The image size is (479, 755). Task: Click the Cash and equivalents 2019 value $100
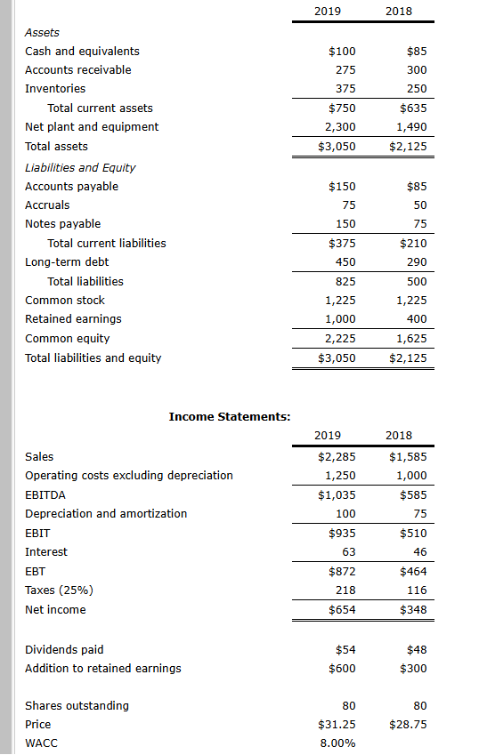coord(342,52)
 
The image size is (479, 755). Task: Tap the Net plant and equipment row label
coord(92,127)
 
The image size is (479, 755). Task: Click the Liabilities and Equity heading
coord(80,167)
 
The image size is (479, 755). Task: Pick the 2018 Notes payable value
coord(420,224)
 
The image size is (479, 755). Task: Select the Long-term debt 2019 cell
coord(345,262)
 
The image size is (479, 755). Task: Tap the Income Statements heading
coord(230,416)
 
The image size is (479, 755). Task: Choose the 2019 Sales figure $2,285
coord(337,457)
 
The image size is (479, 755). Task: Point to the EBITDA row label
coord(45,494)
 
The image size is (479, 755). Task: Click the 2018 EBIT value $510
coord(412,534)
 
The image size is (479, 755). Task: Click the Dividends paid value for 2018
coord(417,650)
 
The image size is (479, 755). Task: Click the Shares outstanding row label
coord(77,706)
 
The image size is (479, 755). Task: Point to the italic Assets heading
coord(42,33)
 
